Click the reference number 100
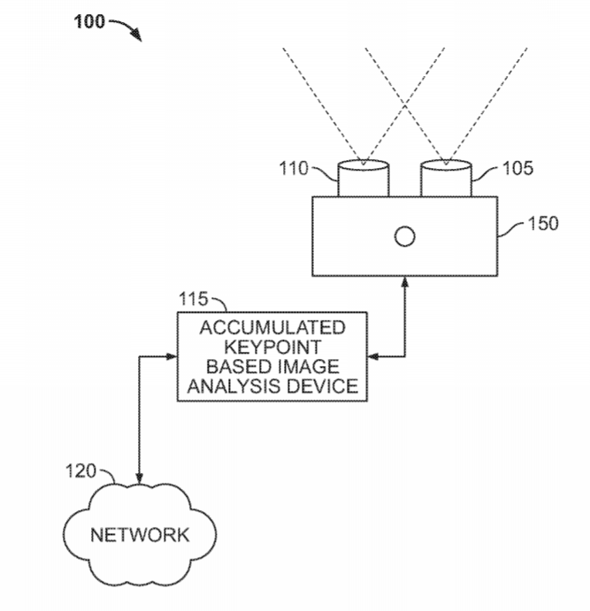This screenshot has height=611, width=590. point(88,21)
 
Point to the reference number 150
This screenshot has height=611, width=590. point(542,224)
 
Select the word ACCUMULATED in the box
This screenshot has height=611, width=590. point(272,329)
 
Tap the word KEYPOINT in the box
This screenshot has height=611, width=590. point(272,348)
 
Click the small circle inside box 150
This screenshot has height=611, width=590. point(404,236)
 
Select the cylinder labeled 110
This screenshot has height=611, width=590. point(363,179)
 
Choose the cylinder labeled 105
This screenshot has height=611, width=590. point(446,179)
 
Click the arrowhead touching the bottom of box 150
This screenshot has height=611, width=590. point(404,282)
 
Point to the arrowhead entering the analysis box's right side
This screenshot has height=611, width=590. point(372,357)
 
